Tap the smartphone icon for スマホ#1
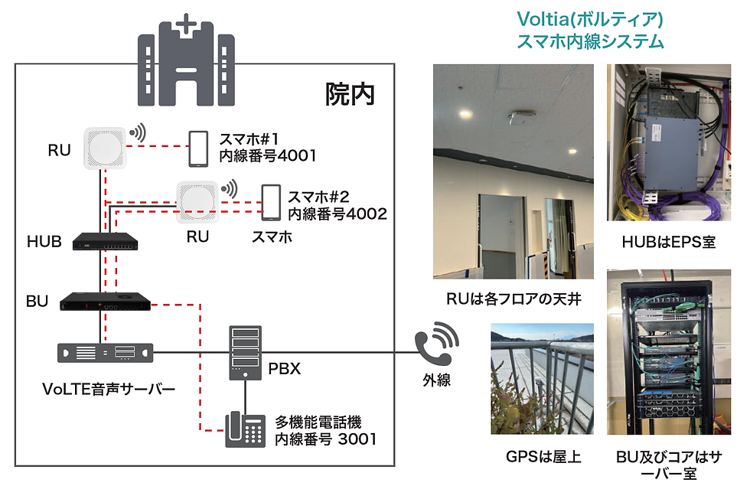pyautogui.click(x=199, y=148)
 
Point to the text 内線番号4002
pyautogui.click(x=337, y=214)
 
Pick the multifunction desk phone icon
pyautogui.click(x=244, y=429)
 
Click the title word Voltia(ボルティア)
pyautogui.click(x=589, y=18)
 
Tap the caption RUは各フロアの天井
pyautogui.click(x=514, y=299)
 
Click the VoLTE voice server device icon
pyautogui.click(x=106, y=352)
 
